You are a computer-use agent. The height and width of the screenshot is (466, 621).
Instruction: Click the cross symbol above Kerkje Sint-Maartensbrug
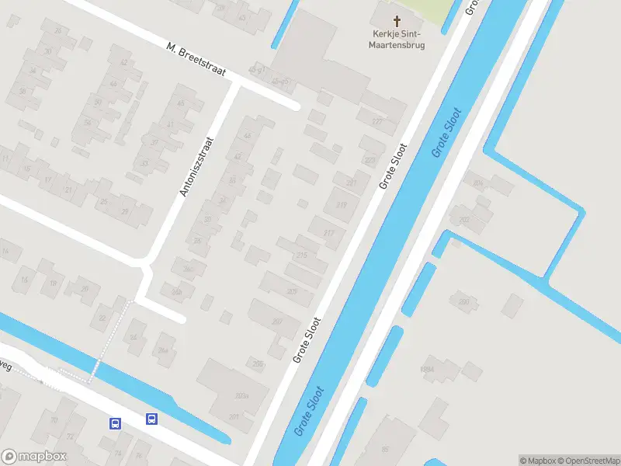pyautogui.click(x=397, y=21)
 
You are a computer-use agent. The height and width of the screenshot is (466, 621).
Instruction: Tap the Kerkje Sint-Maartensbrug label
pyautogui.click(x=397, y=40)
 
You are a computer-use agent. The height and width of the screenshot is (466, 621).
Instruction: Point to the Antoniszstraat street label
pyautogui.click(x=196, y=168)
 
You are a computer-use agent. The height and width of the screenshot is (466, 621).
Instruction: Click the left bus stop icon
pyautogui.click(x=115, y=423)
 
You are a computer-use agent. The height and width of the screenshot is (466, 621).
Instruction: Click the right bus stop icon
pyautogui.click(x=152, y=419)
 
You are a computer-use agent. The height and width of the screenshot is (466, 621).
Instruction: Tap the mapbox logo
pyautogui.click(x=34, y=457)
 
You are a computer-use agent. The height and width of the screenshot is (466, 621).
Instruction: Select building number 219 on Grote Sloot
pyautogui.click(x=342, y=205)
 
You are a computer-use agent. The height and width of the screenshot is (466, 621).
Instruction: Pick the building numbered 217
pyautogui.click(x=329, y=233)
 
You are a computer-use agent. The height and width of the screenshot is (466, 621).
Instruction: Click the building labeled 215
pyautogui.click(x=302, y=256)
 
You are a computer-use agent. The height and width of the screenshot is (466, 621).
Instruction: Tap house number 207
pyautogui.click(x=277, y=322)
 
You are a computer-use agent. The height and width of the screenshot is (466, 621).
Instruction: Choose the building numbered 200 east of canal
pyautogui.click(x=464, y=301)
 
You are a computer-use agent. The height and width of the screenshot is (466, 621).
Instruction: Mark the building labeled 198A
pyautogui.click(x=427, y=369)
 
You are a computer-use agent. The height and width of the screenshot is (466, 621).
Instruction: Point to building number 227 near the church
pyautogui.click(x=377, y=121)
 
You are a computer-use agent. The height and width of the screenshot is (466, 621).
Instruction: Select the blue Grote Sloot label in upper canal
pyautogui.click(x=447, y=133)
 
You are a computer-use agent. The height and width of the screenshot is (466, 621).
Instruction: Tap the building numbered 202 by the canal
pyautogui.click(x=464, y=220)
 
